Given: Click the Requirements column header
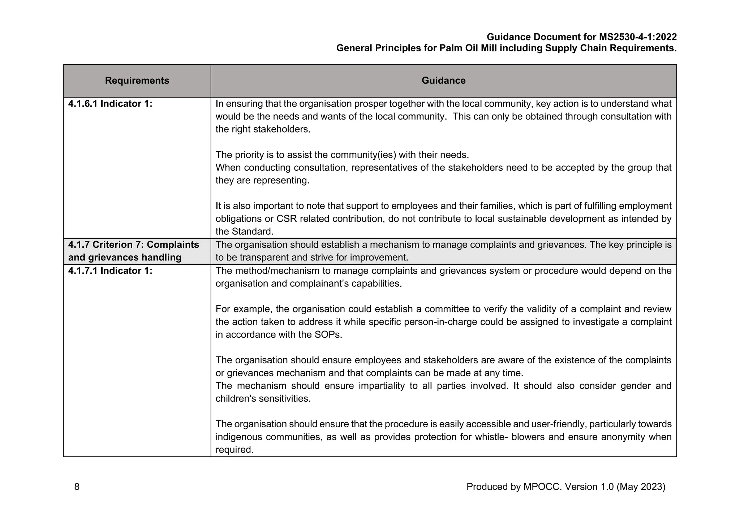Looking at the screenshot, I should click(x=137, y=81).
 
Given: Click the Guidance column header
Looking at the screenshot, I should click(x=443, y=81).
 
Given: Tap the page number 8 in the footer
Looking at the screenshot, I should click(x=77, y=487).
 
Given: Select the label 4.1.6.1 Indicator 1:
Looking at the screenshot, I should click(x=110, y=104).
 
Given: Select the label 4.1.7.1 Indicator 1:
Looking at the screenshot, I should click(x=110, y=271).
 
